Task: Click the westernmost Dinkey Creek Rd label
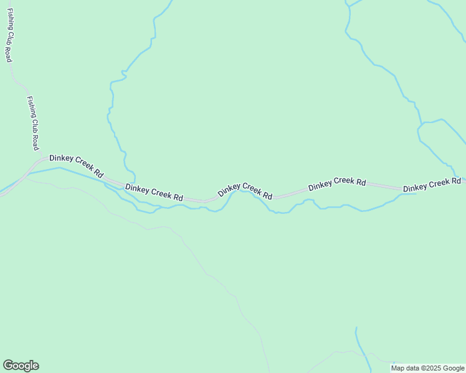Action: (76, 166)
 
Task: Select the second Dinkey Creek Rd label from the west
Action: (154, 192)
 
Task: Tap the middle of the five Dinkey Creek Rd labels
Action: (245, 191)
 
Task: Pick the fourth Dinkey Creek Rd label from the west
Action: (336, 184)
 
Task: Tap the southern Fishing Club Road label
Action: (33, 123)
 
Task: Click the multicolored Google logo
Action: (21, 366)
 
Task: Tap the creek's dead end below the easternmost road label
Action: (416, 194)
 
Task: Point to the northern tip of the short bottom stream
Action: (356, 328)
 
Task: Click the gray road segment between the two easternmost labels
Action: (383, 186)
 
